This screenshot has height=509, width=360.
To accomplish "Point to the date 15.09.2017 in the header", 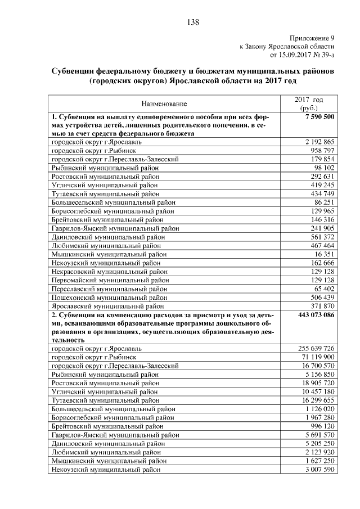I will pyautogui.click(x=296, y=55).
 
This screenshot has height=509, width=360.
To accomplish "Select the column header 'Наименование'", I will pyautogui.click(x=164, y=104).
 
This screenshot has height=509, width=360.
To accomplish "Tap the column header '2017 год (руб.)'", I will pyautogui.click(x=309, y=103).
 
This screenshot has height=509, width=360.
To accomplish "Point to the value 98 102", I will pyautogui.click(x=324, y=168).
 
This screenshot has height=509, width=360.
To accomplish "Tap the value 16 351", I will pyautogui.click(x=324, y=254).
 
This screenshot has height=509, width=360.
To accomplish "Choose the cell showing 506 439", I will pyautogui.click(x=322, y=297).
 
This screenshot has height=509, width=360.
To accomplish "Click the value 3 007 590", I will pyautogui.click(x=320, y=469).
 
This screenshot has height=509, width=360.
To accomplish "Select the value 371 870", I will pyautogui.click(x=322, y=306).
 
